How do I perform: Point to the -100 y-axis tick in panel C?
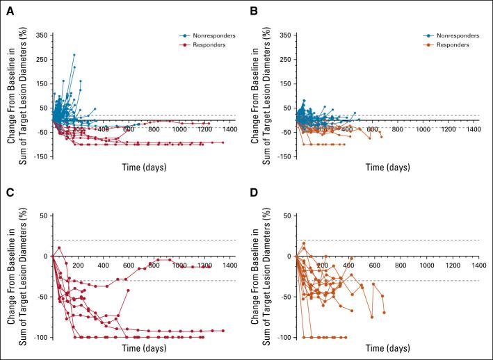(40, 337)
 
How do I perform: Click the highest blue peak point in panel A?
(74, 54)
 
